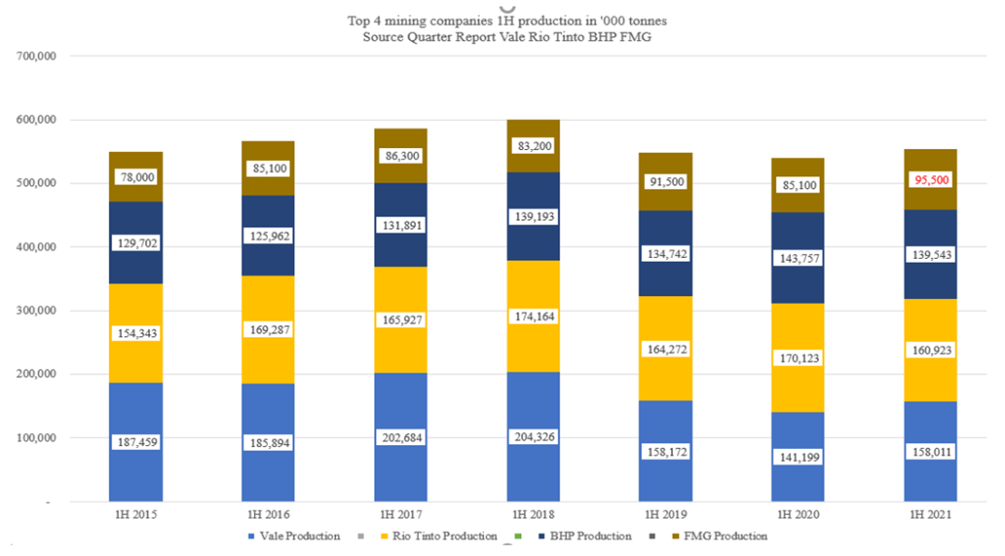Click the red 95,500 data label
point(931,180)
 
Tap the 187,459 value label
point(135,443)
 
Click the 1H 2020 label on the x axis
point(797,513)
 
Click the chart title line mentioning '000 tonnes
point(507,20)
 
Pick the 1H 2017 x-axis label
point(401,513)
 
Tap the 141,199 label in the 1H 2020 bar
point(797,457)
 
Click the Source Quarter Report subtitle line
point(507,35)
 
